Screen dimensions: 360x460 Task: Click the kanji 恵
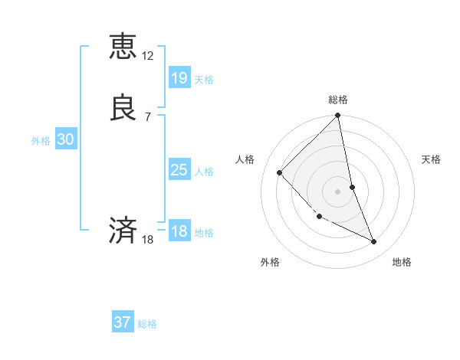[123, 47]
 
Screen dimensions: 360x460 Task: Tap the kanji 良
[123, 108]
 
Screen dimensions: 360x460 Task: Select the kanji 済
[123, 231]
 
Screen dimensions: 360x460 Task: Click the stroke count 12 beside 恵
[148, 56]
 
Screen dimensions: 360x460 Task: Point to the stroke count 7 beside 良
[148, 116]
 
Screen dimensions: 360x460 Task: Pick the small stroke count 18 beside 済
[148, 240]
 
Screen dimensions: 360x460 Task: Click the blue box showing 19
[179, 77]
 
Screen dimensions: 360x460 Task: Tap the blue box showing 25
[179, 170]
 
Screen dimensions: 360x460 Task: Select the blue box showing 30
[66, 139]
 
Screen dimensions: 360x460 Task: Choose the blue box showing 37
[123, 322]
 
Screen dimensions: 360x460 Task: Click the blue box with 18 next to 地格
[179, 231]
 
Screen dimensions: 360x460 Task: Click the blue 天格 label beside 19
[204, 79]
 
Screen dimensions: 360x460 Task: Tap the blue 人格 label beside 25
[204, 172]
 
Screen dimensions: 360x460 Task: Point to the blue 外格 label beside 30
[41, 141]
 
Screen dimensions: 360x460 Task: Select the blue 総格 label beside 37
[147, 324]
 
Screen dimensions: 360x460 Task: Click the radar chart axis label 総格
[338, 100]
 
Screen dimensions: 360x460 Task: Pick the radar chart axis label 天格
[431, 159]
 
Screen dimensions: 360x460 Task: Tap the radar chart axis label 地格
[402, 262]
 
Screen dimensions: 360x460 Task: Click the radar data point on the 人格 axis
[280, 172]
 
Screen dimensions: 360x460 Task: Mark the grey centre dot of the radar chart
[337, 191]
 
